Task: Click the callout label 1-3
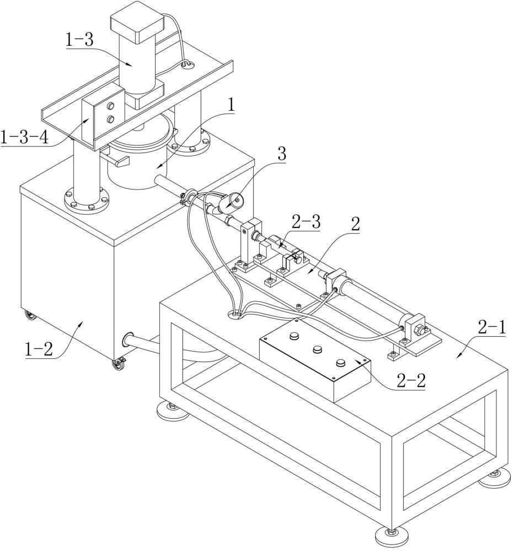click(79, 40)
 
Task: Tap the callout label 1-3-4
click(24, 137)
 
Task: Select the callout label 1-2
click(39, 350)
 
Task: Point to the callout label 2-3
click(306, 223)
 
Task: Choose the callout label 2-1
click(492, 328)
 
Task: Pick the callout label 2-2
click(411, 380)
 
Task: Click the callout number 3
click(282, 154)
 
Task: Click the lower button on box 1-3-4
click(110, 120)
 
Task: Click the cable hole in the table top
click(235, 315)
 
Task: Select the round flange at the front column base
click(87, 201)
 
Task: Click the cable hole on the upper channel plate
click(187, 64)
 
